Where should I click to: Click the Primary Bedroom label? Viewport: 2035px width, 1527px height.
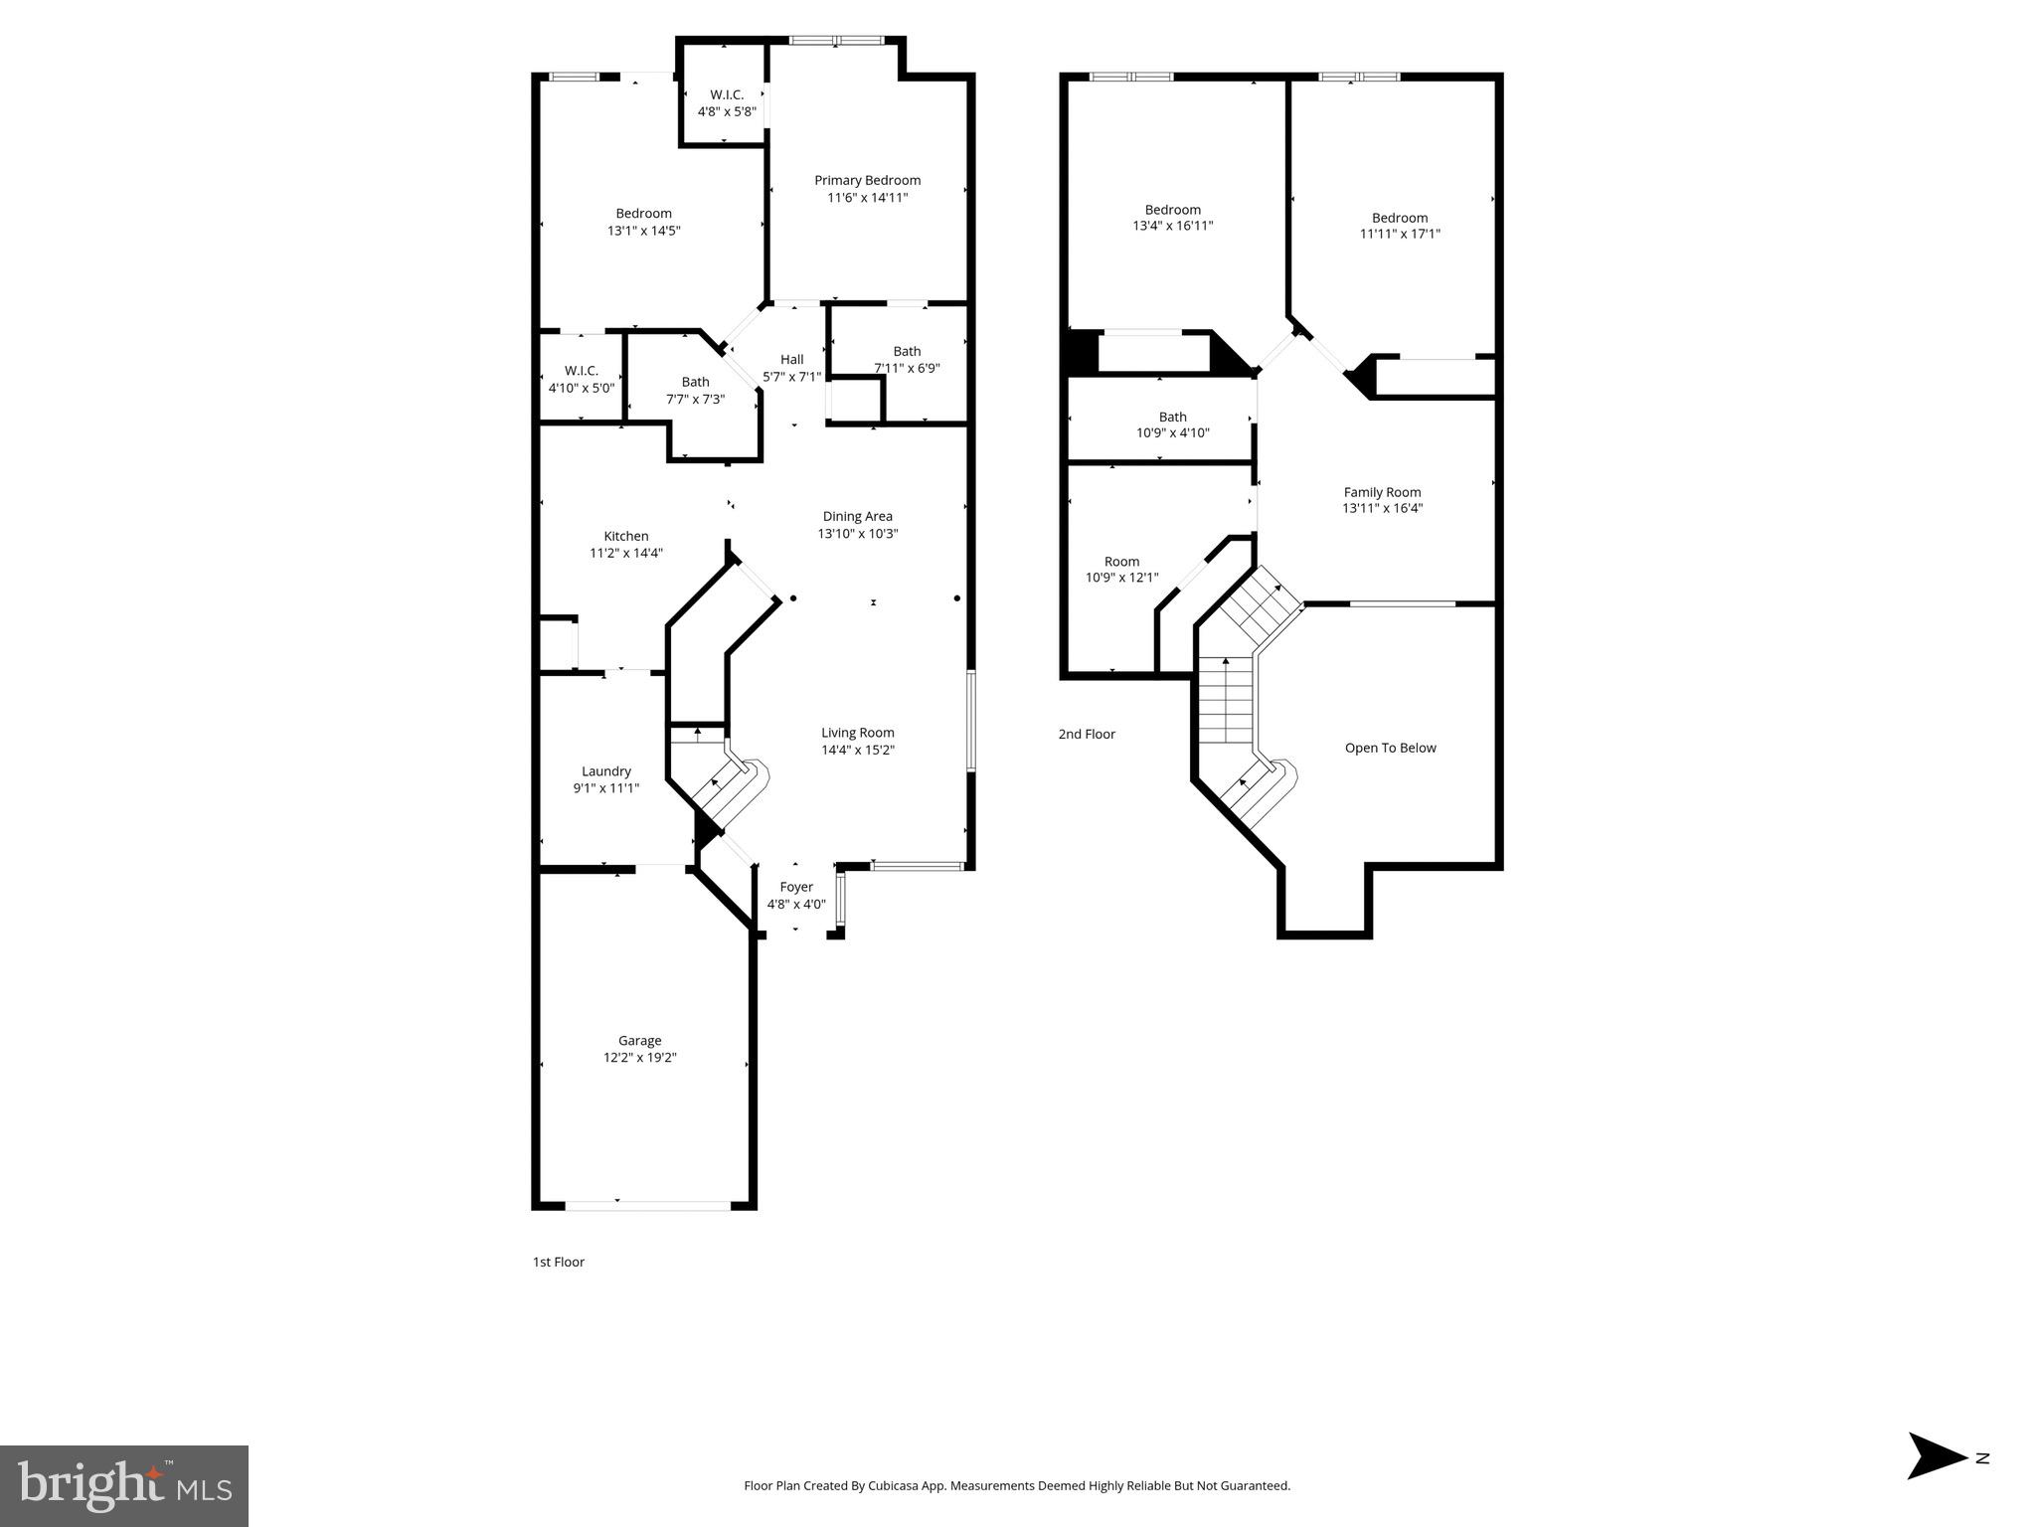tap(867, 180)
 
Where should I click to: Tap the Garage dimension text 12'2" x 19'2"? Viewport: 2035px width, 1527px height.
tap(639, 1058)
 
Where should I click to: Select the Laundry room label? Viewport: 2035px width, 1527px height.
tap(605, 771)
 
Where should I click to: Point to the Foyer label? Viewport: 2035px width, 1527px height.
tap(795, 887)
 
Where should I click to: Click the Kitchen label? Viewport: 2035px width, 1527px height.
tap(625, 536)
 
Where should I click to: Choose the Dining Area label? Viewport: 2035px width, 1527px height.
tap(857, 516)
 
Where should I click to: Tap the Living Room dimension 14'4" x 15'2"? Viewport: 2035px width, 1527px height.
tap(857, 751)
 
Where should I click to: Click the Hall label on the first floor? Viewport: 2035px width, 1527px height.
tap(791, 360)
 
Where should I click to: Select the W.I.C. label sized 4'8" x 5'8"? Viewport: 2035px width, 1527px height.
tap(726, 94)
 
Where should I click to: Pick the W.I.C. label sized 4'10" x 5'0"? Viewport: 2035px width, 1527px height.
tap(581, 371)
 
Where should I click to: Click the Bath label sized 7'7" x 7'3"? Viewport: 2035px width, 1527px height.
tap(695, 382)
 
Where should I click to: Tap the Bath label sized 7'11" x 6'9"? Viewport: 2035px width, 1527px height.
tap(906, 351)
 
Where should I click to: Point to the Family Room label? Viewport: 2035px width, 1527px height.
tap(1382, 492)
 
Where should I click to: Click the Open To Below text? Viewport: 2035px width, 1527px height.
tap(1390, 748)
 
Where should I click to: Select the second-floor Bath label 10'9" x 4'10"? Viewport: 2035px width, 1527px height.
tap(1172, 417)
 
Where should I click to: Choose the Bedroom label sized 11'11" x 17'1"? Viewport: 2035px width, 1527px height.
tap(1399, 218)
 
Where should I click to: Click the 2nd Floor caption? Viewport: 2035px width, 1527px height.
tap(1087, 734)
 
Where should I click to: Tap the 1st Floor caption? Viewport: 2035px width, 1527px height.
tap(558, 1262)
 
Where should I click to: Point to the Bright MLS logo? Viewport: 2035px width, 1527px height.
tap(124, 1486)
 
